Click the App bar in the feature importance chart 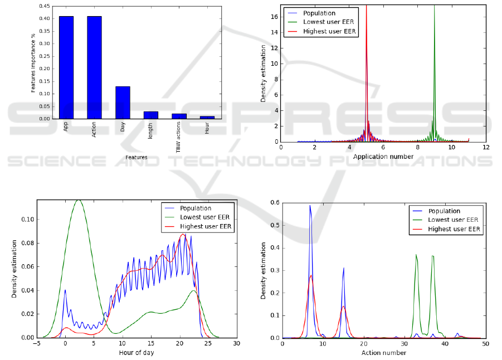[x=66, y=67]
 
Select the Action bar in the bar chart [x=94, y=67]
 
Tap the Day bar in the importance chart [x=123, y=103]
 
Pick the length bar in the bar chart [x=150, y=115]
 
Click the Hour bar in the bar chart [x=207, y=117]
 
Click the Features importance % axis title [x=33, y=62]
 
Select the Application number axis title [x=383, y=157]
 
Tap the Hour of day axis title [x=137, y=352]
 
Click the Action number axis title [x=384, y=352]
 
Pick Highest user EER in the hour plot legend [x=207, y=227]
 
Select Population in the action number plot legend [x=445, y=211]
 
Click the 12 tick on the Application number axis [x=486, y=148]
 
